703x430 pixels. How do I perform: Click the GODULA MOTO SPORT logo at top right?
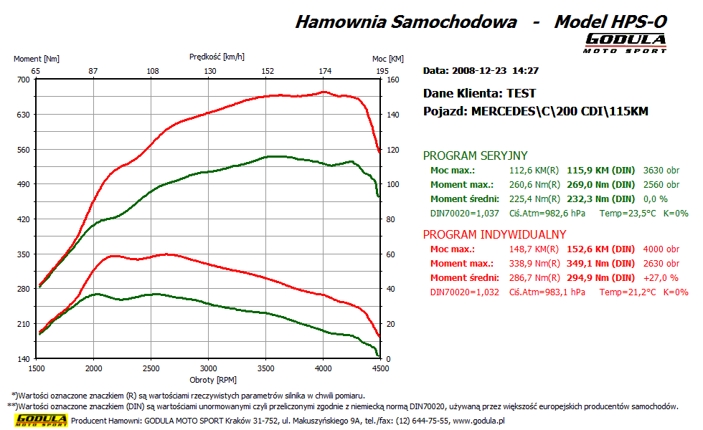click(x=626, y=42)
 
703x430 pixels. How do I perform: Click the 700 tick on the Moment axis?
click(x=24, y=79)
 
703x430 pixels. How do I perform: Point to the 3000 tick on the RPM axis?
click(x=208, y=368)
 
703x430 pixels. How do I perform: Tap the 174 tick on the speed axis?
click(x=325, y=71)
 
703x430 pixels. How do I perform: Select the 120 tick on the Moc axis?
click(x=391, y=149)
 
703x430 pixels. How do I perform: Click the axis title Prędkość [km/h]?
click(x=217, y=56)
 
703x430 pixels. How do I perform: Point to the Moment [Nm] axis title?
click(x=37, y=59)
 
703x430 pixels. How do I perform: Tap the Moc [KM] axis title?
click(x=387, y=59)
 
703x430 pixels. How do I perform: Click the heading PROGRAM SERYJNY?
click(x=476, y=156)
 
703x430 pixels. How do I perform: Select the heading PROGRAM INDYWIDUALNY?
click(x=495, y=234)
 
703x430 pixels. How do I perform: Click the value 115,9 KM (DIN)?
click(x=601, y=171)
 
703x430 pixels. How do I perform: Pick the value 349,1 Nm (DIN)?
click(x=601, y=264)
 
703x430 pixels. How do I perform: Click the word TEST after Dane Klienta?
click(x=521, y=93)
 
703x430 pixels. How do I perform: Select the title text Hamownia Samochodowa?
click(x=406, y=21)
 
